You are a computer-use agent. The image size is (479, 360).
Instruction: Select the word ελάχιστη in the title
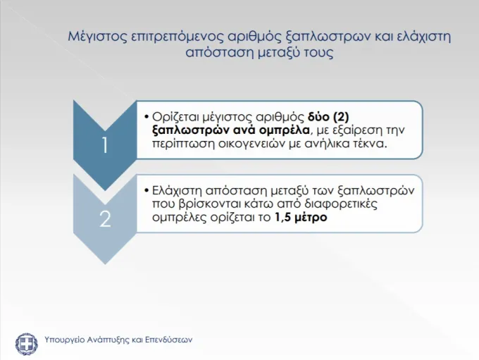click(x=424, y=37)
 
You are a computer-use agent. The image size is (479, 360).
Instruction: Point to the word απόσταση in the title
click(x=218, y=53)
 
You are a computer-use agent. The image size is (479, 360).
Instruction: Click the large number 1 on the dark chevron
click(x=105, y=145)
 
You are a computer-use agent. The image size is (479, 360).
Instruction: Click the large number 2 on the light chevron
click(x=106, y=219)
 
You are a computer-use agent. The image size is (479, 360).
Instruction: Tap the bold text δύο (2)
click(x=328, y=117)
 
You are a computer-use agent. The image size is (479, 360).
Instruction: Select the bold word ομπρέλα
click(x=284, y=130)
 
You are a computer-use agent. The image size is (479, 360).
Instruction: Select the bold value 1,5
click(x=281, y=218)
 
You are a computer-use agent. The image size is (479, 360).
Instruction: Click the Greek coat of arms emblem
click(x=27, y=345)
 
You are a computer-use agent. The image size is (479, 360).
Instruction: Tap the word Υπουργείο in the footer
click(x=64, y=340)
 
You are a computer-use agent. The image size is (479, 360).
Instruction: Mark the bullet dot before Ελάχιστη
click(x=147, y=191)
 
